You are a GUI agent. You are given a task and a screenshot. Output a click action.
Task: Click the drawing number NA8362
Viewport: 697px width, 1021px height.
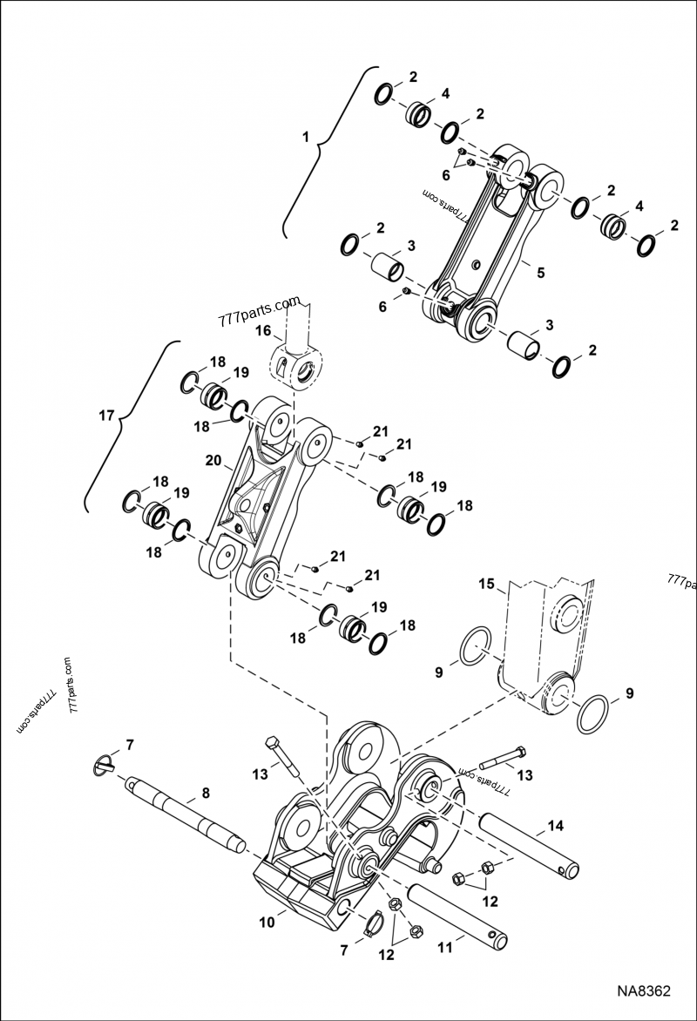(644, 991)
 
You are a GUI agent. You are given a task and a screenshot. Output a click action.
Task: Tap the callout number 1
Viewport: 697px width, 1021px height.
(305, 137)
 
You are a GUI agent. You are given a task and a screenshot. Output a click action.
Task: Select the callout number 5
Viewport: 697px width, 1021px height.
(540, 273)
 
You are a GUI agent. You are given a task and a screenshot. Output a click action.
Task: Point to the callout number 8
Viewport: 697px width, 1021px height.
(206, 794)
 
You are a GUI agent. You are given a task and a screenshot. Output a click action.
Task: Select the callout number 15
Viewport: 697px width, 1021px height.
(487, 583)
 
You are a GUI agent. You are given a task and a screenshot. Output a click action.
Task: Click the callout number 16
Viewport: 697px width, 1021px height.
(262, 332)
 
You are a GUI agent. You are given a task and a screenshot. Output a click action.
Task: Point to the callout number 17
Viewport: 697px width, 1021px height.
(105, 416)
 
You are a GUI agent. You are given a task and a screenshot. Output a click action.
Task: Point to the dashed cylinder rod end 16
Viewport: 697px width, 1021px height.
(297, 357)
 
